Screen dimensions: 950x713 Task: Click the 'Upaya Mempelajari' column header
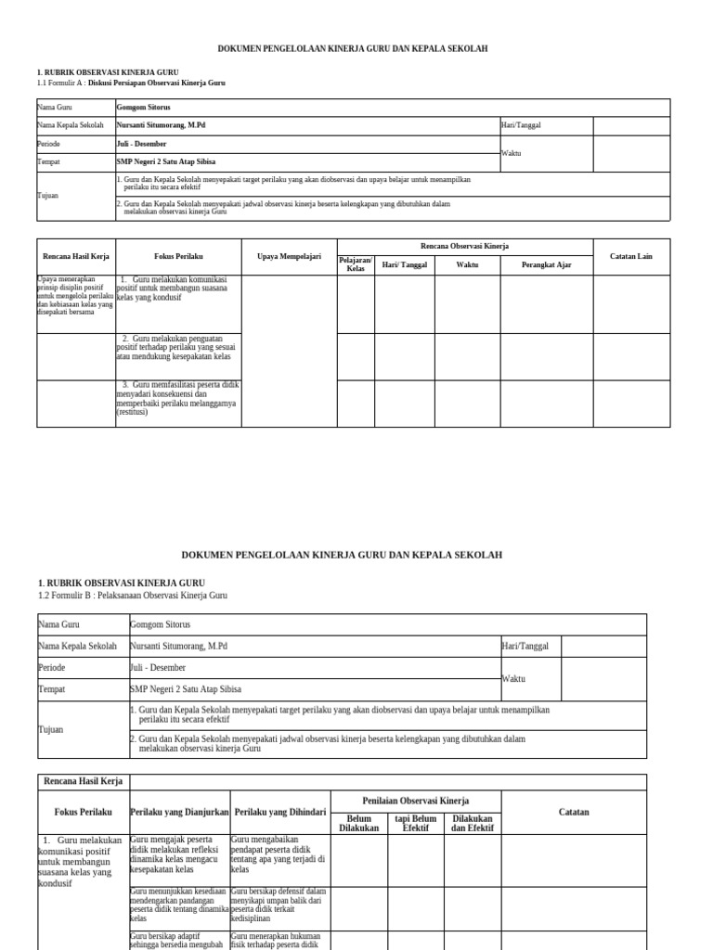tap(288, 256)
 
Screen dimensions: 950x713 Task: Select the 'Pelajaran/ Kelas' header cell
tap(355, 265)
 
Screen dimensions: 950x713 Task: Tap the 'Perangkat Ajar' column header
tap(546, 265)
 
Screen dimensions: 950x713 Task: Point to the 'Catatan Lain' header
tap(630, 256)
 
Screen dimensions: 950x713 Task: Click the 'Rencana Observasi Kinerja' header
tap(464, 246)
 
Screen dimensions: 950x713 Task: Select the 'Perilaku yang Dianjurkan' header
tap(180, 812)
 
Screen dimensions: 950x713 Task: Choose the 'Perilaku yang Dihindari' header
tap(280, 812)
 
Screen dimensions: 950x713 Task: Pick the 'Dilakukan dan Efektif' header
tap(473, 823)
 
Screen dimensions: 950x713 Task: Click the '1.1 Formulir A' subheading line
tap(131, 83)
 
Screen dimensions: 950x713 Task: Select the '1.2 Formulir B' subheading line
tap(132, 596)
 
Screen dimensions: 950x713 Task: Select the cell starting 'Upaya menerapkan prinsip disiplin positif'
tap(75, 296)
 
